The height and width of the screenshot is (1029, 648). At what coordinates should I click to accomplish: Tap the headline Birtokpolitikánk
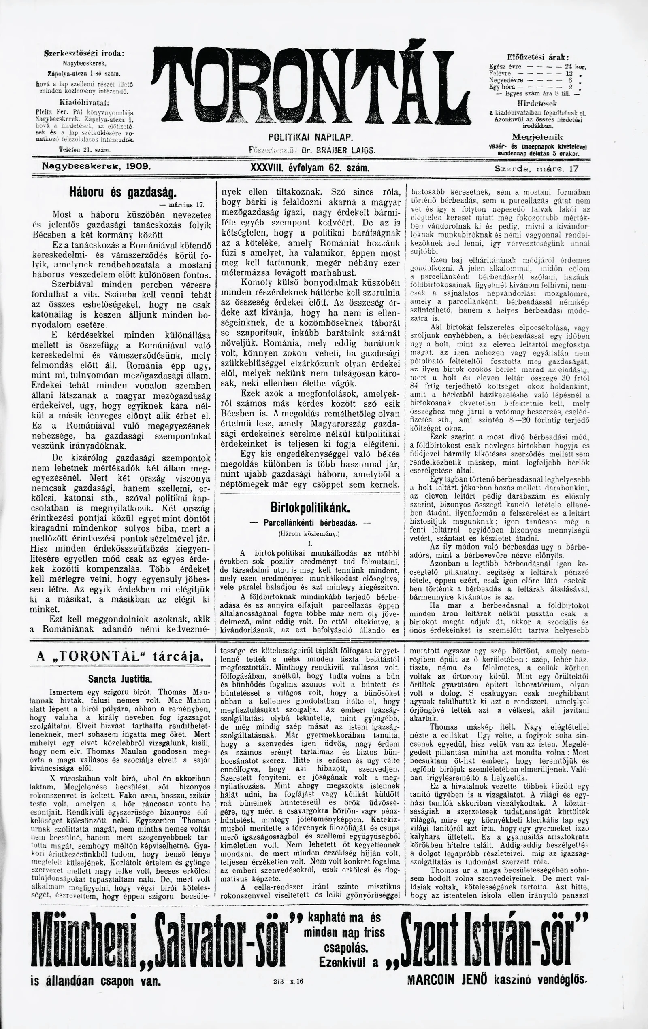pyautogui.click(x=311, y=508)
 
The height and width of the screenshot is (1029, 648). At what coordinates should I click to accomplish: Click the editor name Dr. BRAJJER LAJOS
pyautogui.click(x=338, y=151)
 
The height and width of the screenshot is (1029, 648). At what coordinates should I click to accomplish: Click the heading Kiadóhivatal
pyautogui.click(x=84, y=103)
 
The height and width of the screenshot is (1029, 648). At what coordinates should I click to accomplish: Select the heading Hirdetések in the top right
pyautogui.click(x=537, y=104)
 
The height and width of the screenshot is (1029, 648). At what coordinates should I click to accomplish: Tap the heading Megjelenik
pyautogui.click(x=537, y=137)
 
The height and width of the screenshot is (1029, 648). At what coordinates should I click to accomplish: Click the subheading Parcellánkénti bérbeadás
pyautogui.click(x=310, y=522)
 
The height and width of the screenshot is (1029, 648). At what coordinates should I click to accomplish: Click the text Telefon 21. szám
pyautogui.click(x=85, y=149)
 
